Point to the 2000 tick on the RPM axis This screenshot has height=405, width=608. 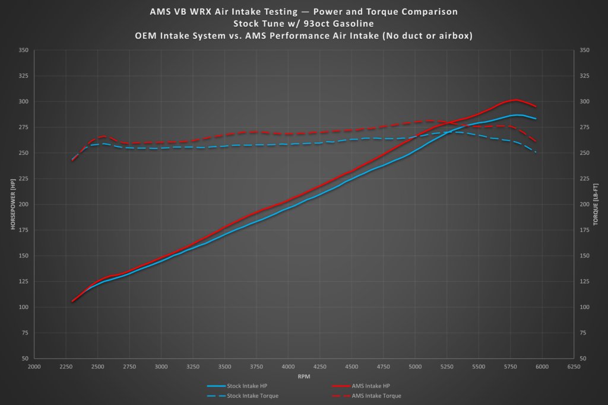point(34,366)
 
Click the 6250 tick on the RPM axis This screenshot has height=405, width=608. point(574,366)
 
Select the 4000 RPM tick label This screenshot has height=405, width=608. point(288,366)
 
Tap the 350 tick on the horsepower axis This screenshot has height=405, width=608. point(24,50)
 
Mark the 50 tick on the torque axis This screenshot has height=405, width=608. point(584,359)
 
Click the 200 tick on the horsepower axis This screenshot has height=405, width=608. point(24,205)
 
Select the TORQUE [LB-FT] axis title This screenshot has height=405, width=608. point(597,205)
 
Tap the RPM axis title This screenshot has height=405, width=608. point(303,376)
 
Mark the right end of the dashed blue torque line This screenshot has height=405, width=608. point(536,153)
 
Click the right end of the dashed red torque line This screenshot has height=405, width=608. point(536,142)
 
